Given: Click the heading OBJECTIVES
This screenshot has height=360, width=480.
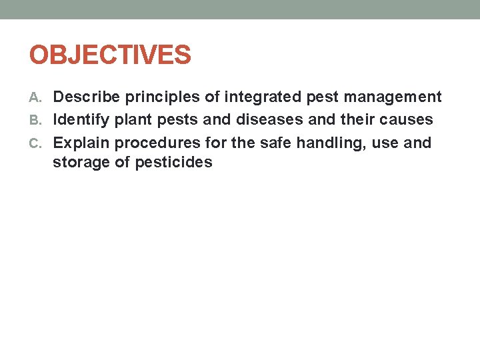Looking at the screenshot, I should pos(110,55).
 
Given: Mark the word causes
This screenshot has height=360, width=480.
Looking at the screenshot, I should pos(407,120).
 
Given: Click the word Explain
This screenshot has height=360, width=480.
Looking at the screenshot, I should pos(81,143).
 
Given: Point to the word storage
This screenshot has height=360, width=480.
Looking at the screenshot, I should pos(81,162).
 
